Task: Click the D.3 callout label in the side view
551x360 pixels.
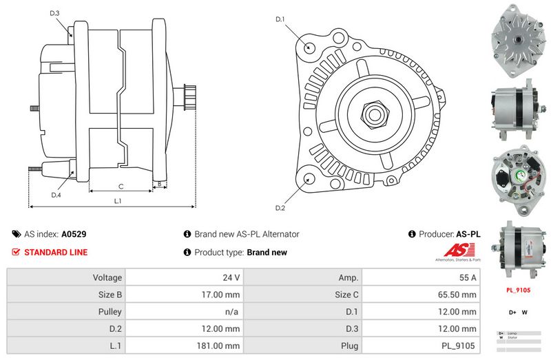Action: point(55,13)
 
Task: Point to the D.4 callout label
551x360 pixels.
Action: point(56,195)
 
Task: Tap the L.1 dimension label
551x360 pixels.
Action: point(118,201)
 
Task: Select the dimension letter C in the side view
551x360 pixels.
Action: point(121,186)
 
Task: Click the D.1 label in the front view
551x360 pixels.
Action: point(280,19)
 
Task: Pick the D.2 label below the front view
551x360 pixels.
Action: point(280,208)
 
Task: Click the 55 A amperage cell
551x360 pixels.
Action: point(468,277)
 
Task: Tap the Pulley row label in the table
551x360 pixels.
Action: point(111,311)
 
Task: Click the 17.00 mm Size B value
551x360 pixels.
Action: point(225,295)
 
